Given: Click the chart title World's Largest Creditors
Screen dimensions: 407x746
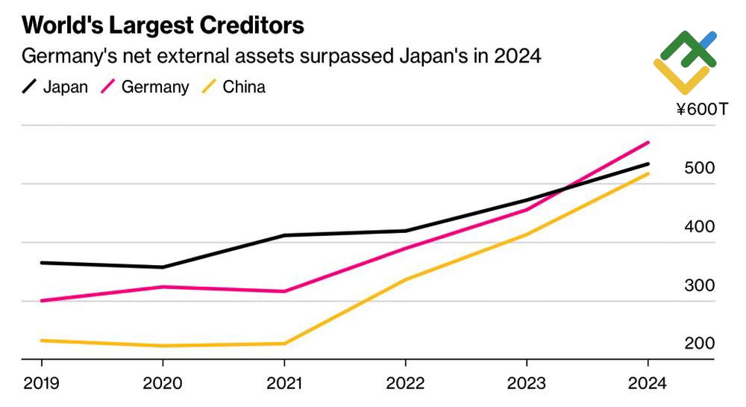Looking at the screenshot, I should (x=163, y=25).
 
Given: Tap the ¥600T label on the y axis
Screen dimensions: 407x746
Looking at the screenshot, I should (x=701, y=110).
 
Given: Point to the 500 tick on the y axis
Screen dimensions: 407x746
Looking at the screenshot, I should (x=700, y=168).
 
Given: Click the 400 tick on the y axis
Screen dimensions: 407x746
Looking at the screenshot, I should (x=700, y=226).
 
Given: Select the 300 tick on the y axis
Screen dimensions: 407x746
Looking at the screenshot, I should (x=700, y=285).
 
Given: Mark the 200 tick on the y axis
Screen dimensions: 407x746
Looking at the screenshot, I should (x=700, y=344).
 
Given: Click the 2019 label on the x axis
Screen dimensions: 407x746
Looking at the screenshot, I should (x=41, y=383).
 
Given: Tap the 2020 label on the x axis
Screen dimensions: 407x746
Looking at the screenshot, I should (x=163, y=383).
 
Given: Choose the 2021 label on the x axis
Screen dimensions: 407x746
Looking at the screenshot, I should (x=284, y=383).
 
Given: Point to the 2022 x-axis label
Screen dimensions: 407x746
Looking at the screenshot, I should (x=405, y=383).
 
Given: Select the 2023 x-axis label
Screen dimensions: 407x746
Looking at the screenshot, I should (x=527, y=383).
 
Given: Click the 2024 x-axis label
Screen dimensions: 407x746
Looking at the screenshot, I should (x=648, y=383).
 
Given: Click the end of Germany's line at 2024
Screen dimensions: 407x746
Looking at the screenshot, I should (x=648, y=142).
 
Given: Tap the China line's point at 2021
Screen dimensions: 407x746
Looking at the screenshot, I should (x=284, y=344).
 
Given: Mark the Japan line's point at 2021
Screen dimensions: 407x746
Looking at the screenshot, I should (x=284, y=235).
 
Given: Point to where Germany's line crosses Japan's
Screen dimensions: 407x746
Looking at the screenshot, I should (x=564, y=189).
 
